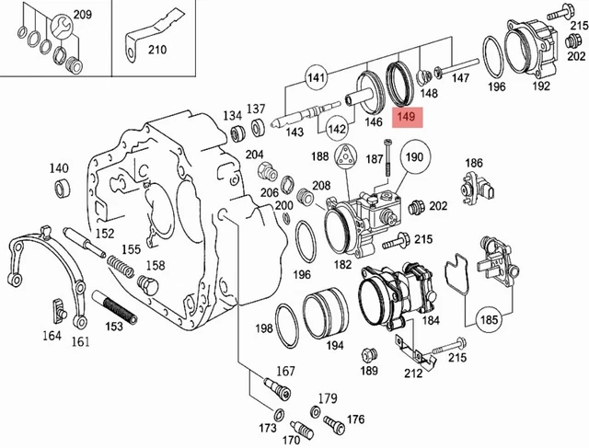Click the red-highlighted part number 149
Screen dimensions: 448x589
click(406, 118)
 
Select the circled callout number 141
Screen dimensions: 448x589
click(317, 79)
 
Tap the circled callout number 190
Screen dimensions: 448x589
click(413, 157)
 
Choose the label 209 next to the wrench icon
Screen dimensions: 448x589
click(82, 16)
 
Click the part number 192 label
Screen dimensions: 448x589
click(541, 86)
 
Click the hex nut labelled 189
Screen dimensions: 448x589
click(369, 355)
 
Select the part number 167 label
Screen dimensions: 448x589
click(286, 372)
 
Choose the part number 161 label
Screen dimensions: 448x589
click(81, 342)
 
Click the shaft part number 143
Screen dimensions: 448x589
click(294, 132)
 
